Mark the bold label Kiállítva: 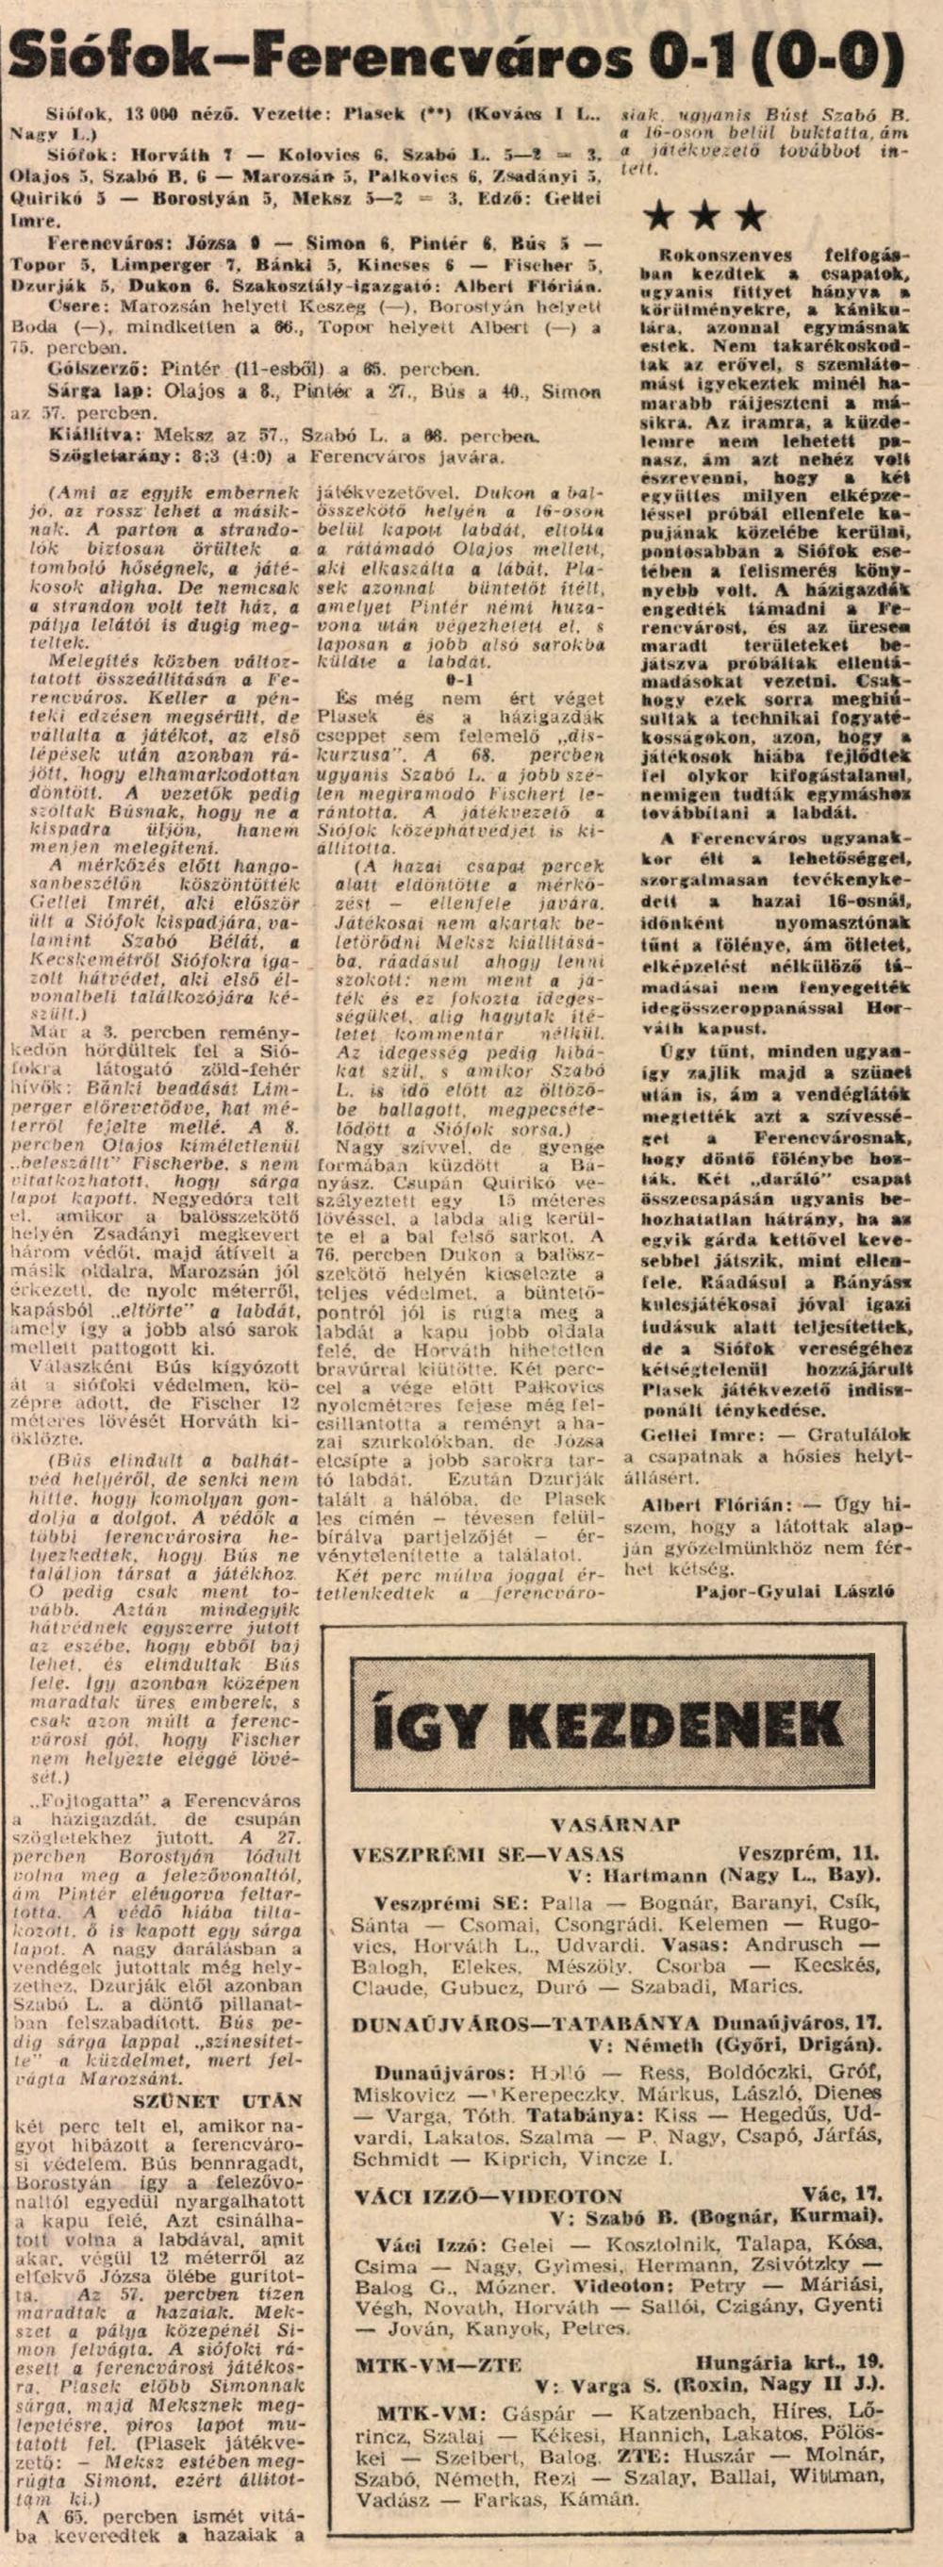(x=93, y=436)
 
